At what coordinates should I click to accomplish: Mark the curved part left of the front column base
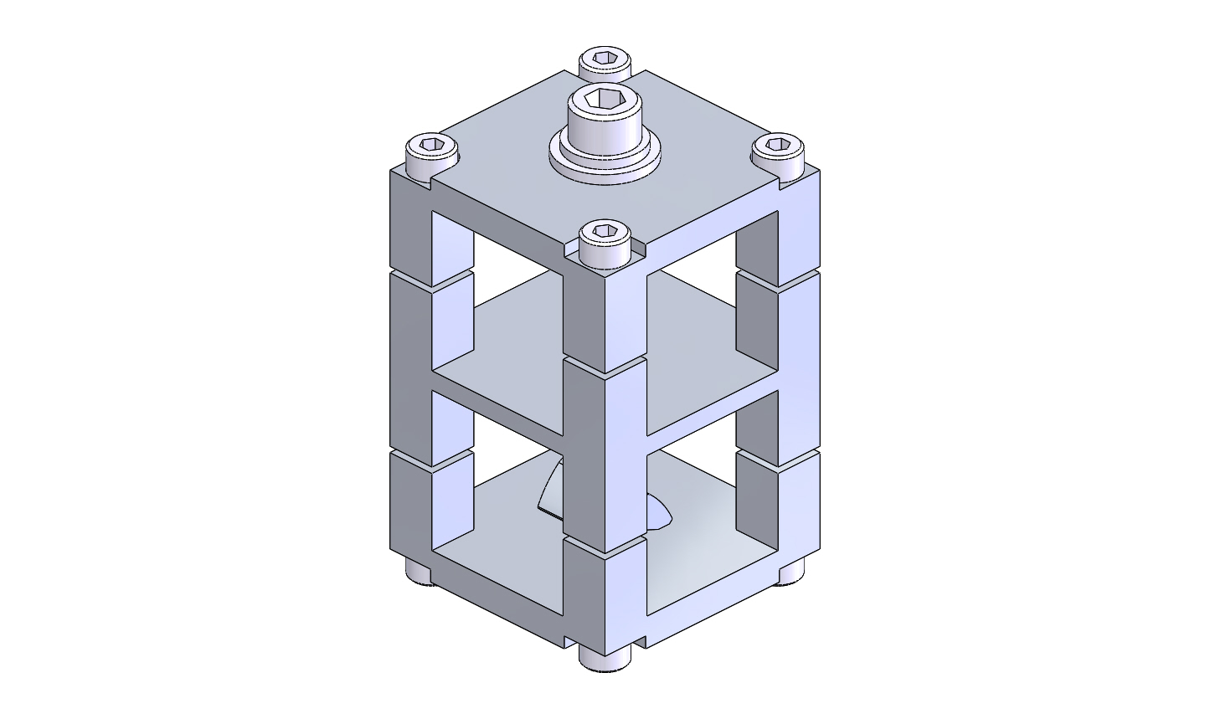click(548, 494)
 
